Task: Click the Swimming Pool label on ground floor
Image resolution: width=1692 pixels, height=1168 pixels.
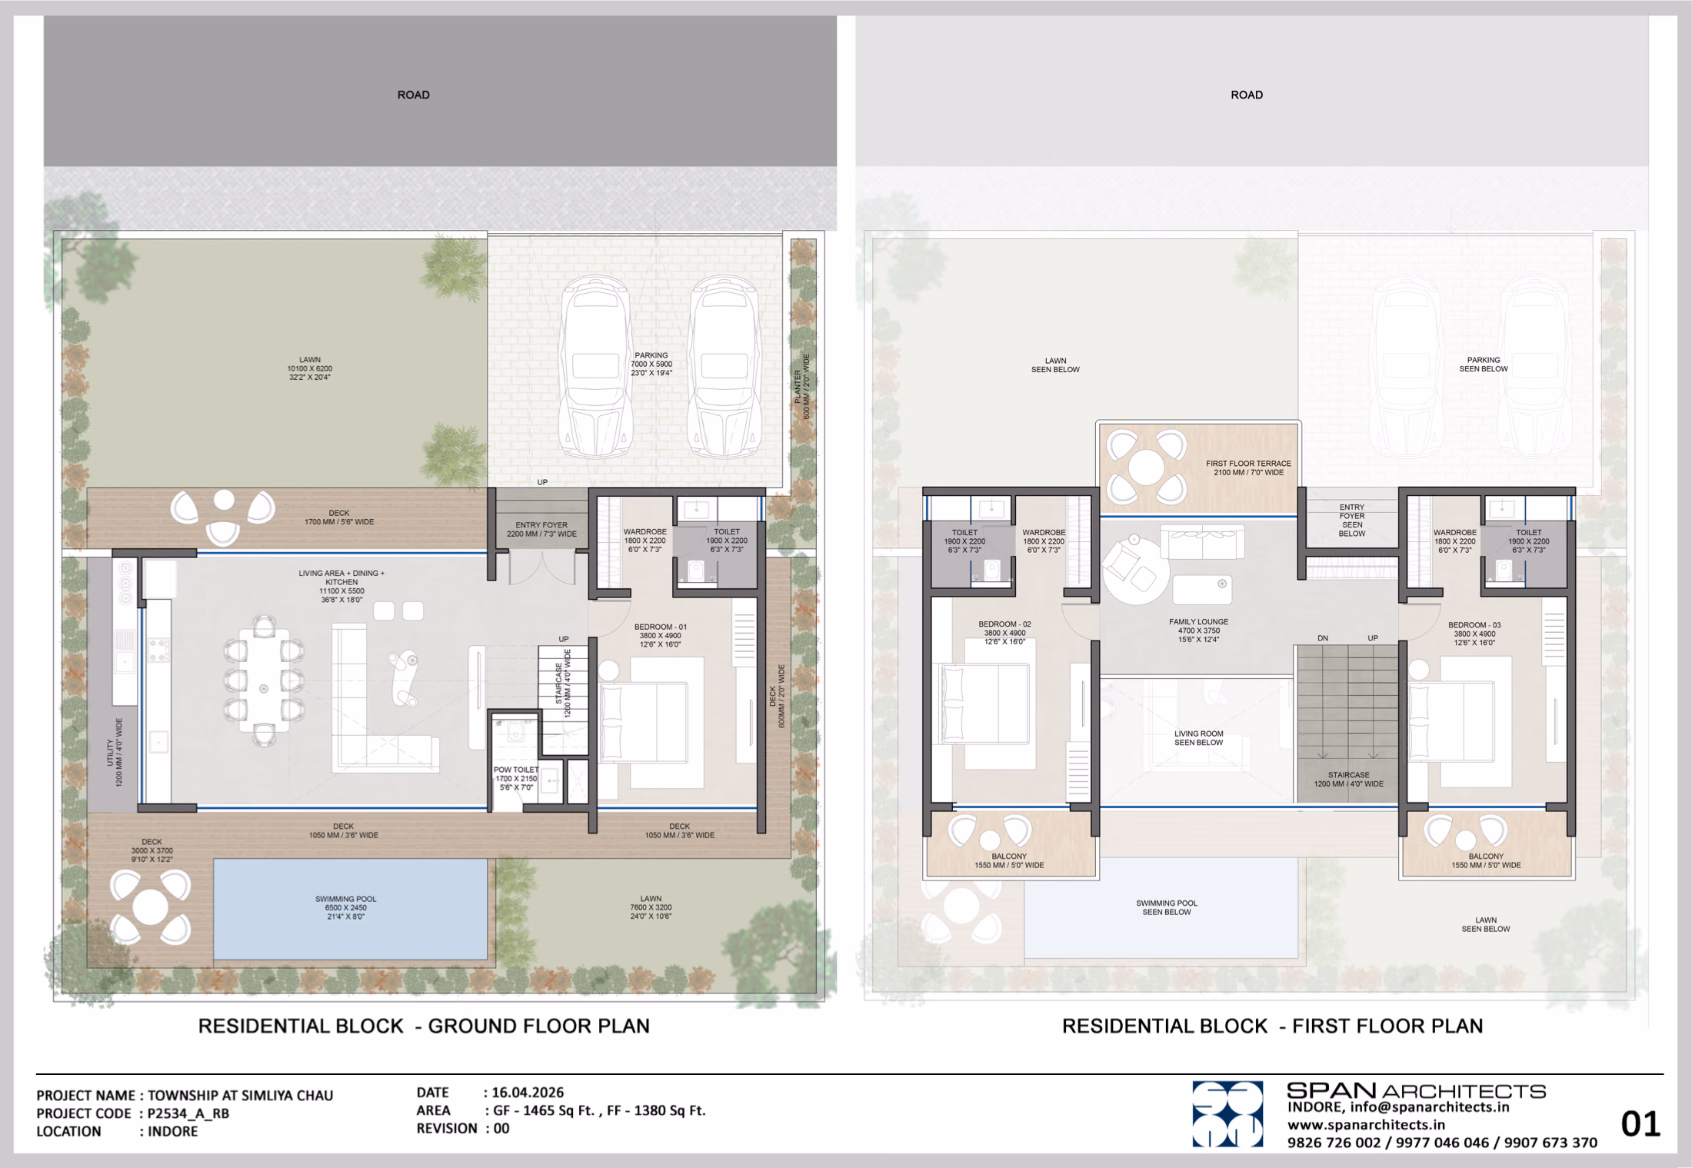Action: (x=345, y=907)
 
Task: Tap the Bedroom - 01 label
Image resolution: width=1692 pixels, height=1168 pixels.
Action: (x=660, y=636)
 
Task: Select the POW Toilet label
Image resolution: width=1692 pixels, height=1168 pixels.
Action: (x=516, y=778)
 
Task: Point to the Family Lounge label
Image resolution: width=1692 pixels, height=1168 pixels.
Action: (x=1198, y=631)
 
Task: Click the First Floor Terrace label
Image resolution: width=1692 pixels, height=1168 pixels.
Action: (x=1248, y=468)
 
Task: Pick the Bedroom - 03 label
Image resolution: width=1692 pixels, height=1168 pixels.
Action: (x=1474, y=634)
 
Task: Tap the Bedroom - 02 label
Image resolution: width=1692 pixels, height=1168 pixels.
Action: (x=1004, y=633)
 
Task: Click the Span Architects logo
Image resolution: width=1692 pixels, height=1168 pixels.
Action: (x=1227, y=1114)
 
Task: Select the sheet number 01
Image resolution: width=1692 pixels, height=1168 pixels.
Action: (x=1640, y=1124)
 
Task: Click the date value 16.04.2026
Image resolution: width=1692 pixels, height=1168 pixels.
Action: (x=528, y=1092)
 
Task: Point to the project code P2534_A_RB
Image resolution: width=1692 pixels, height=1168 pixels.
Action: (x=188, y=1113)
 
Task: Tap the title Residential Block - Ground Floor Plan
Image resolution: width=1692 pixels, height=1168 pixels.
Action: (x=424, y=1026)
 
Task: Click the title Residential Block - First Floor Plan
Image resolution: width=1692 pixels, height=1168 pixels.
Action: (x=1272, y=1026)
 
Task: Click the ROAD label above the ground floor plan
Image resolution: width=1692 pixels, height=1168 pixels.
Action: (x=413, y=95)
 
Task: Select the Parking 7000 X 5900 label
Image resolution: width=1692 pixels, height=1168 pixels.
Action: (x=651, y=364)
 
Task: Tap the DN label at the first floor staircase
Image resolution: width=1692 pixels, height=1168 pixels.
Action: (x=1323, y=638)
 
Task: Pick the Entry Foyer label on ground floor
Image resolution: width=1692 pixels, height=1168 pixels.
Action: (x=541, y=529)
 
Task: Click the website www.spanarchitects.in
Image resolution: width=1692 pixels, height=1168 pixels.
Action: (x=1367, y=1125)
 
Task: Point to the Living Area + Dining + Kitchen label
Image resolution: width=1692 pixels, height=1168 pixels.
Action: (x=341, y=586)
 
